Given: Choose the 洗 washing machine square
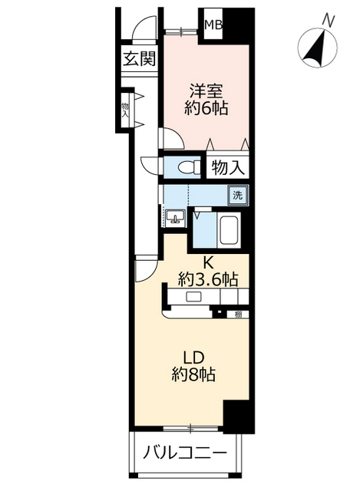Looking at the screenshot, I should [239, 195].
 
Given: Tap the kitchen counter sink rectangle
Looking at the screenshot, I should [193, 297].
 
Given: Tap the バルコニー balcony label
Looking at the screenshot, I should [187, 453].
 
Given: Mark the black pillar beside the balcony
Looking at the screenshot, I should [237, 418].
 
